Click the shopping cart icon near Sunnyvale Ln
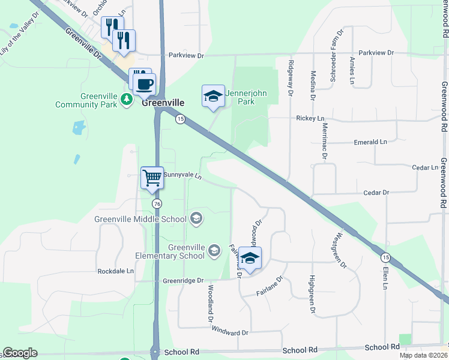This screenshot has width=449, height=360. point(152,178)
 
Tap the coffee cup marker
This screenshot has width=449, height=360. point(144,83)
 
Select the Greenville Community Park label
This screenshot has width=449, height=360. point(85,100)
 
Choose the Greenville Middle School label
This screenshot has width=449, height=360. point(140,219)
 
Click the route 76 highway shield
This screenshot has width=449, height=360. point(157,204)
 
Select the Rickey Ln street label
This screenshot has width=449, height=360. point(310,118)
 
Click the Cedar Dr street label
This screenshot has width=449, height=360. point(377,193)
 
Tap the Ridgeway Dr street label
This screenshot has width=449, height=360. point(291,79)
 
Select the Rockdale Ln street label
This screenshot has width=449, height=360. point(116,271)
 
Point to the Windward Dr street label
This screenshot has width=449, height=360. point(230,332)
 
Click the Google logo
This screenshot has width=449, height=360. point(20,353)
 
